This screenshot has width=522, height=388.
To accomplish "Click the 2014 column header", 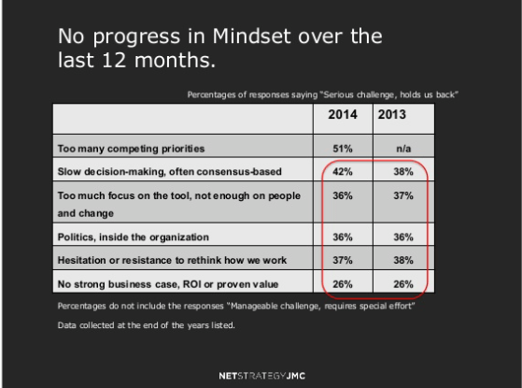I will coord(343,119).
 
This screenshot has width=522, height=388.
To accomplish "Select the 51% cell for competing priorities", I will coord(343,148).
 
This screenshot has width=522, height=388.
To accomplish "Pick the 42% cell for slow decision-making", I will coord(343,170).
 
